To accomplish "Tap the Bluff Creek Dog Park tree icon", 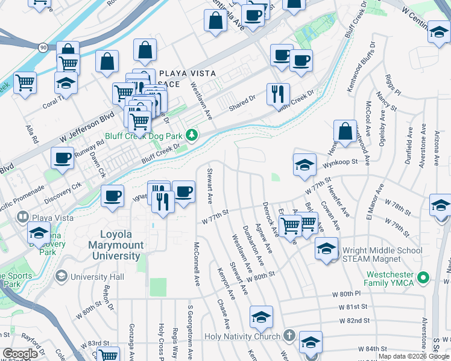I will pos(192,134).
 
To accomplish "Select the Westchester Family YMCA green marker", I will pos(423,278).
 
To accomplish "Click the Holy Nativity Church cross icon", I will pos(289,336).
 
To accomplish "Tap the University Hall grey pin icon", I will pos(61,276).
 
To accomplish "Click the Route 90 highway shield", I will pos(42,46).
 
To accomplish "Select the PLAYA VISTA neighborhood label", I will pos(187,73).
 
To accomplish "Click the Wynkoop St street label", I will pos(340,162).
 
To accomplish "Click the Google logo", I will pos(20,354).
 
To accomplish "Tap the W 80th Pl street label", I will pos(350,294).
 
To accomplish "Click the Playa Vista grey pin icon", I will pos(23,216).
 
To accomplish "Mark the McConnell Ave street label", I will pos(196,264).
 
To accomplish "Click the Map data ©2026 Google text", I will pos(414,356).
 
